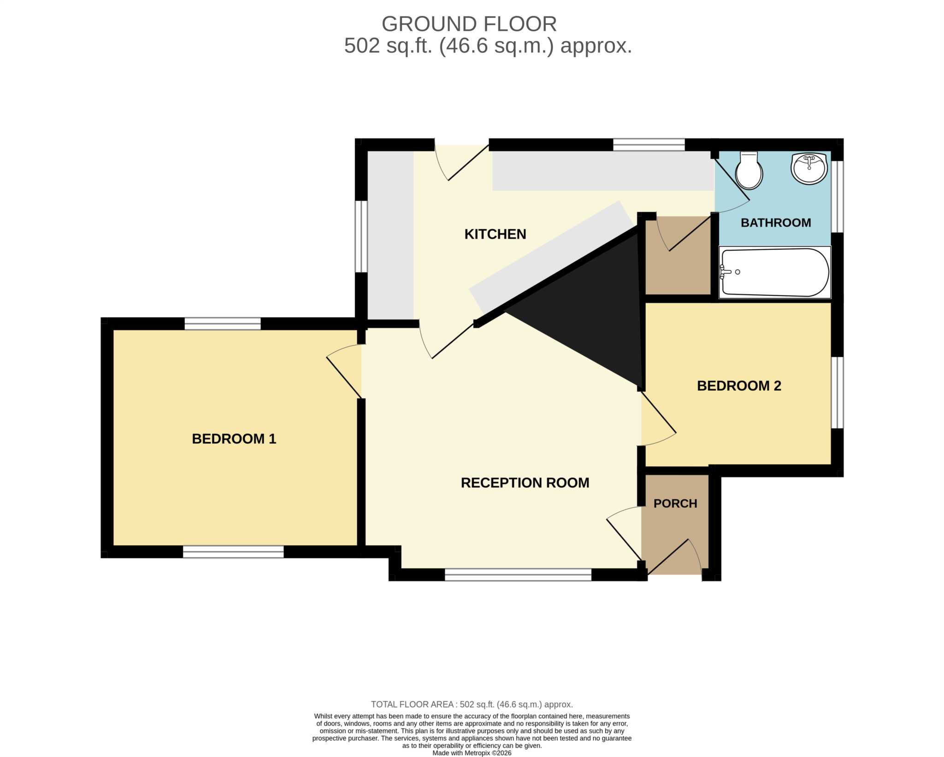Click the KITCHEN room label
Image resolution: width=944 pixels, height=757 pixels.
click(x=495, y=234)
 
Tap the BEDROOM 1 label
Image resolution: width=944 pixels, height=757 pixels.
click(x=234, y=439)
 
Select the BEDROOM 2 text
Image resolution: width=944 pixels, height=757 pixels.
click(x=739, y=386)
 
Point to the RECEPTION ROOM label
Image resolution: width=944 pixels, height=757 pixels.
click(x=525, y=482)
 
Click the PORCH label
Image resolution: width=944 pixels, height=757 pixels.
click(x=675, y=503)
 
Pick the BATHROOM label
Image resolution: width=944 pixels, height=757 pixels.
click(x=776, y=223)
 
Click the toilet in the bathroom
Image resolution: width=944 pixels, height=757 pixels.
click(x=749, y=170)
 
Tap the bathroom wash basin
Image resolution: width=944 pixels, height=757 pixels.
click(x=809, y=168)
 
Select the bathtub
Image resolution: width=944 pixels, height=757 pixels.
click(x=775, y=272)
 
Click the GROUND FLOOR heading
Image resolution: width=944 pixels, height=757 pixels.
click(x=469, y=24)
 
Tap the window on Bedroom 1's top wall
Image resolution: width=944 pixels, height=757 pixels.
click(x=223, y=323)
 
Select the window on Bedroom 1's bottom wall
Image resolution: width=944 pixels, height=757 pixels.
click(x=233, y=552)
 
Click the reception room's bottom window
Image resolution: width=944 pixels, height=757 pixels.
click(x=518, y=575)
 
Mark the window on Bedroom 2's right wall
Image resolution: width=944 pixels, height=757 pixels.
click(x=838, y=393)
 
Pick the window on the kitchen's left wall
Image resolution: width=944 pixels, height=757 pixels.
click(x=361, y=236)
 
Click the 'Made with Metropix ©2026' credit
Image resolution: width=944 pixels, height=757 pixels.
click(x=472, y=753)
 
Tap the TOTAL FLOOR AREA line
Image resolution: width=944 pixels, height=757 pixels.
click(x=472, y=704)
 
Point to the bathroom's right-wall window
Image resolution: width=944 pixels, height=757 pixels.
click(x=838, y=197)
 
